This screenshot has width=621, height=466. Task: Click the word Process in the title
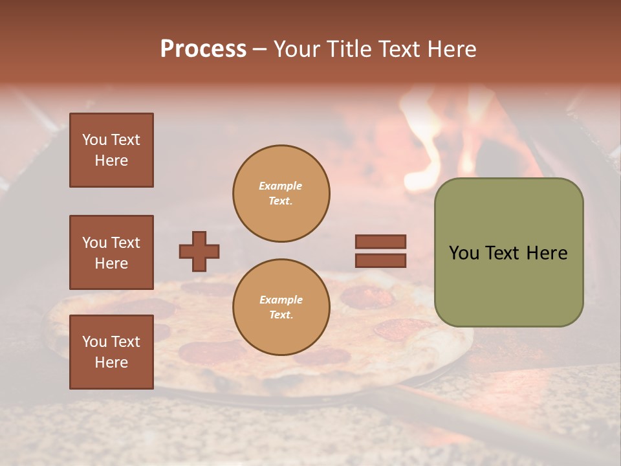[x=203, y=49]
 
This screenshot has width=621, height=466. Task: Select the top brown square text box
[x=111, y=150]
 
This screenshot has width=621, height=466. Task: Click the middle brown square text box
[x=111, y=252]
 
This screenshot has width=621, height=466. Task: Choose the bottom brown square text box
[x=111, y=352]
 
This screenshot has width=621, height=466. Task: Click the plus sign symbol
[x=199, y=251]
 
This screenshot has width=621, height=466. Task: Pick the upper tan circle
[x=281, y=194]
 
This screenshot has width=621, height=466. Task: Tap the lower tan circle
[x=281, y=307]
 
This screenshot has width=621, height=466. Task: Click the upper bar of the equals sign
[x=380, y=241]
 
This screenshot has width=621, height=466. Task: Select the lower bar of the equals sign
[x=380, y=260]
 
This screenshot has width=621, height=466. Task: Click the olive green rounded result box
[x=508, y=252]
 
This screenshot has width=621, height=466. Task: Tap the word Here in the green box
[x=547, y=253]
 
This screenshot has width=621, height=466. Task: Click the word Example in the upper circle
[x=280, y=186]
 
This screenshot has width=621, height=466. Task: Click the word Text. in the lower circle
[x=281, y=315]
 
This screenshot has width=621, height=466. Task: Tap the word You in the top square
[x=94, y=140]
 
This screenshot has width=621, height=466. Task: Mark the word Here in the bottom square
[x=111, y=362]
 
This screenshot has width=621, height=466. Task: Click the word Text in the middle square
[x=125, y=243]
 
